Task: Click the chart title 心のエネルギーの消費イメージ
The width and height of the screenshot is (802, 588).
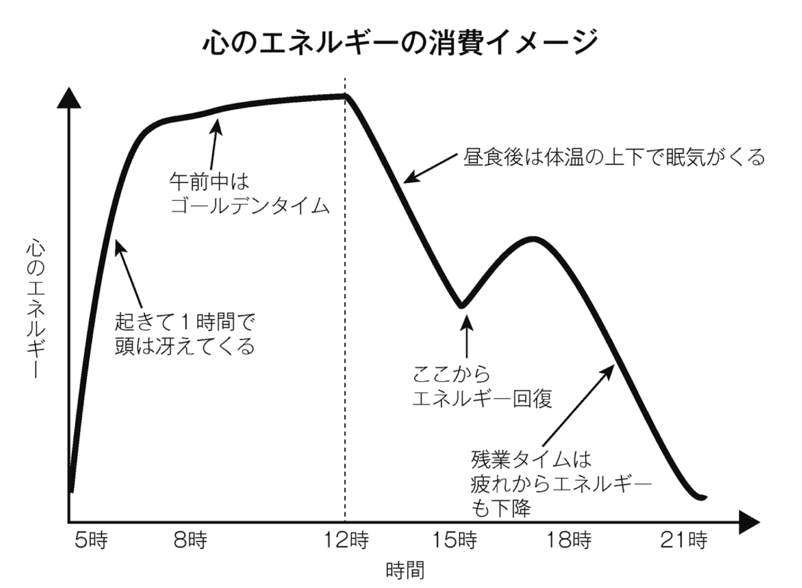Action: point(401,43)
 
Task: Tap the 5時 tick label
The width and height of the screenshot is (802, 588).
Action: point(91,540)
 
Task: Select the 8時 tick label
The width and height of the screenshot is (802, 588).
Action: point(191,540)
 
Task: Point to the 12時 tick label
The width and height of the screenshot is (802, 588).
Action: point(347,540)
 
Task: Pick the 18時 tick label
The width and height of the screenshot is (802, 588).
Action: point(569,540)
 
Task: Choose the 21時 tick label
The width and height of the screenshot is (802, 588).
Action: point(684,540)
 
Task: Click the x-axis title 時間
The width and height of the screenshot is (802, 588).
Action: point(405,570)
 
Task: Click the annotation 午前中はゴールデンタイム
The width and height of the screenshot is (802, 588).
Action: point(250,194)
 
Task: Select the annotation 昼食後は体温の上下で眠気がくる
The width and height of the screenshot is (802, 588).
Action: point(614,157)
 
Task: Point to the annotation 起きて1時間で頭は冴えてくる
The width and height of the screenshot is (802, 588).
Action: point(185,334)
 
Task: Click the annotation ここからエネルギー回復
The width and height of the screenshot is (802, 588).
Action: point(482,386)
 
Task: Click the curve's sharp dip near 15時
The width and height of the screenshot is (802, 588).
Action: point(462,306)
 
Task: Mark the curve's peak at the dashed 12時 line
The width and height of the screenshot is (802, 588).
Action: point(345,96)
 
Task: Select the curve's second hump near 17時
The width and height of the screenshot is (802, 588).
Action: point(534,238)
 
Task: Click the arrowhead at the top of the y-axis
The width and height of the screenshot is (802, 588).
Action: point(69,98)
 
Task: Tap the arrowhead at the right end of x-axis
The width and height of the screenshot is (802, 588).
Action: point(749,522)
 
